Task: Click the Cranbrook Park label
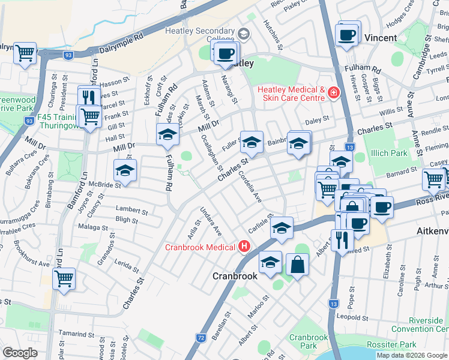coord(308,341)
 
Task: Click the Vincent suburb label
coord(381,38)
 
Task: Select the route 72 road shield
coord(200,338)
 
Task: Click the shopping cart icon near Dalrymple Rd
coord(25,53)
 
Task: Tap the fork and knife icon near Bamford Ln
coord(89,96)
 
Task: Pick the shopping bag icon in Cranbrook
coord(298,263)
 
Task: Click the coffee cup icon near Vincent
coord(346,34)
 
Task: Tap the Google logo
coord(20,353)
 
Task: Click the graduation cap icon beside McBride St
coord(125,170)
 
